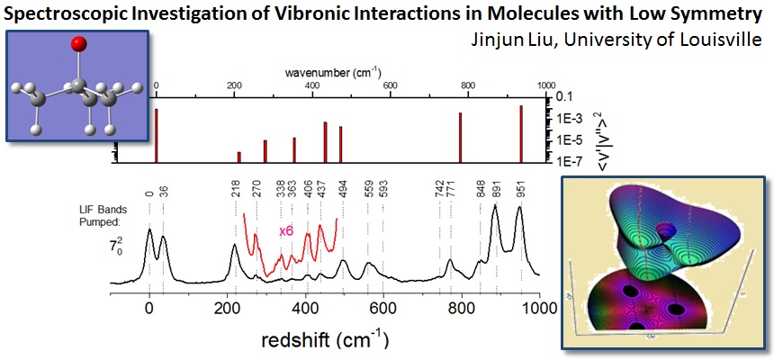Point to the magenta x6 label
click(286, 231)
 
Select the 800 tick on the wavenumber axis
click(467, 85)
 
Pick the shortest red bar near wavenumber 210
click(238, 157)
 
